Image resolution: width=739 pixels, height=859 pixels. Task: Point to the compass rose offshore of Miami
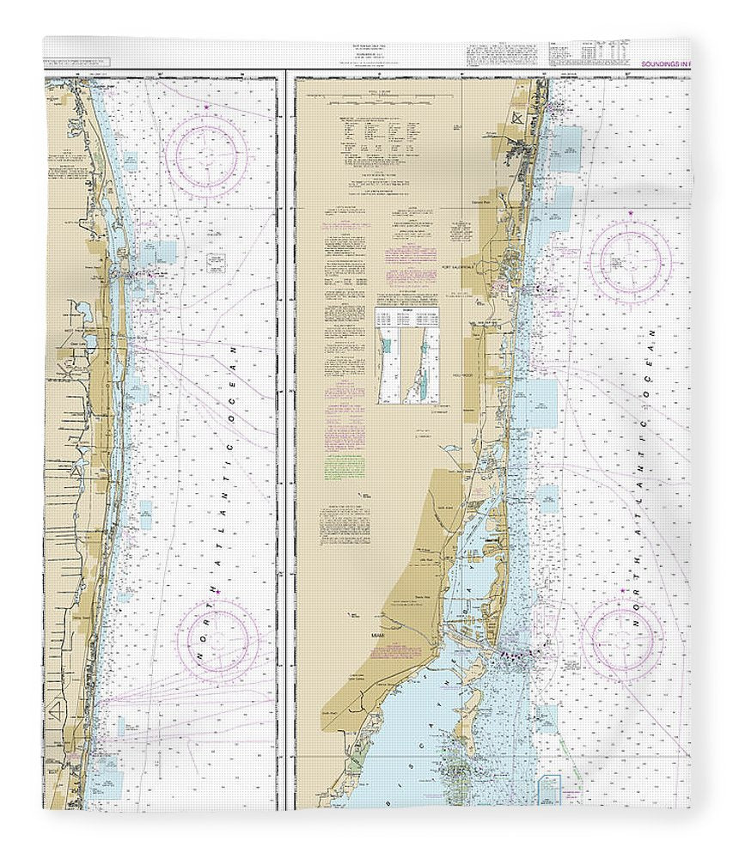[622, 637]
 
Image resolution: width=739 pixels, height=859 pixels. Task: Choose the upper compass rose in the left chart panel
[206, 154]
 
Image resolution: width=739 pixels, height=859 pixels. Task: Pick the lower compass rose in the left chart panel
[218, 640]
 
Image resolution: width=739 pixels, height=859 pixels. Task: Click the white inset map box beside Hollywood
[406, 356]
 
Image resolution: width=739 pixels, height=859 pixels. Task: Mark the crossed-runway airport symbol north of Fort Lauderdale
[516, 118]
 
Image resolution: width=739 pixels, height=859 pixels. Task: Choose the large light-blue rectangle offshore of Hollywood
[541, 404]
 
